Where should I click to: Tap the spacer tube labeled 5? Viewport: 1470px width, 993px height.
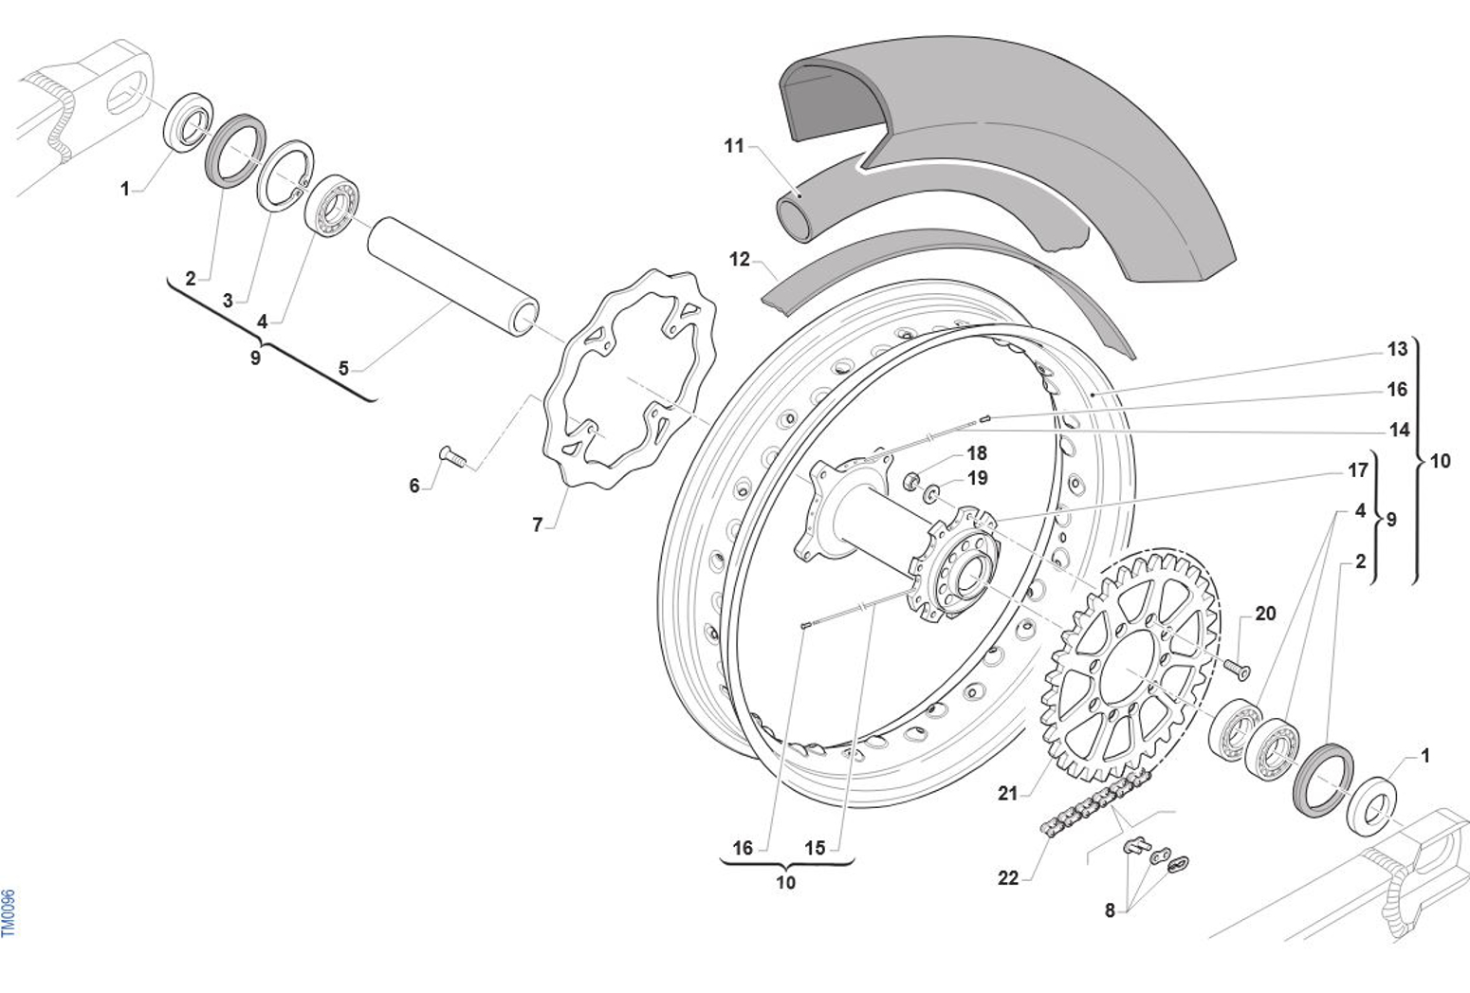tap(452, 276)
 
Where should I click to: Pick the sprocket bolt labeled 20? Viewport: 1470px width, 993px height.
tap(1234, 667)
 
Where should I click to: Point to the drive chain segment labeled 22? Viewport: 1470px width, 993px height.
tap(1091, 806)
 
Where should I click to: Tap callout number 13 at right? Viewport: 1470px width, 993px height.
tap(1397, 349)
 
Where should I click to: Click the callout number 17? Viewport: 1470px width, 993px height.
tap(1357, 470)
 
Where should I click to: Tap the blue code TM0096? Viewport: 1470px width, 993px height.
tap(9, 912)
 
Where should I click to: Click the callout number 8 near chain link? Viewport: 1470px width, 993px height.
tap(1110, 910)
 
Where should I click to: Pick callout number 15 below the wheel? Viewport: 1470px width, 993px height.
tap(815, 848)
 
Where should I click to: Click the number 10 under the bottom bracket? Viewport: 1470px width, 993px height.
tap(785, 883)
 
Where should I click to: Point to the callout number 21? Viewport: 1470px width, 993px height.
tap(1006, 793)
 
